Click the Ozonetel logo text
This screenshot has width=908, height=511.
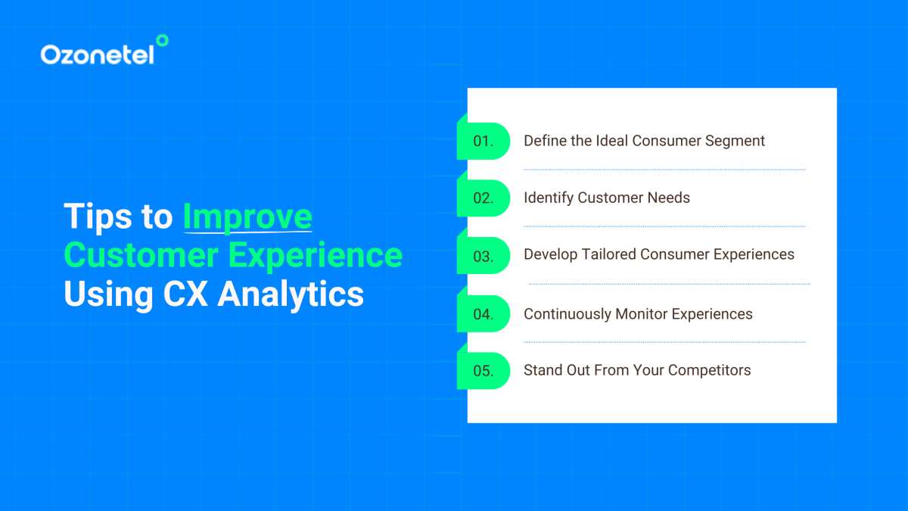point(97,55)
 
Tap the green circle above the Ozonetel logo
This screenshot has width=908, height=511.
point(161,40)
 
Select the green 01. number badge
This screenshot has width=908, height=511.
point(484,141)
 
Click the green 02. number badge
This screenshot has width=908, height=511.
point(484,198)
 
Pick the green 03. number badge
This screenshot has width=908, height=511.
point(484,256)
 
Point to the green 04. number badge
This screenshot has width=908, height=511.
point(484,313)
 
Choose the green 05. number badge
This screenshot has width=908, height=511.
point(484,371)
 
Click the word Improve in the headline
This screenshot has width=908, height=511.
point(247,217)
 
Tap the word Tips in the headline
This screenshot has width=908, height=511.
point(96,217)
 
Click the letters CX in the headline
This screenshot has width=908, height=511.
point(186,294)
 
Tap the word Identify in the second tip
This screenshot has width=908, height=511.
point(549,198)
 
